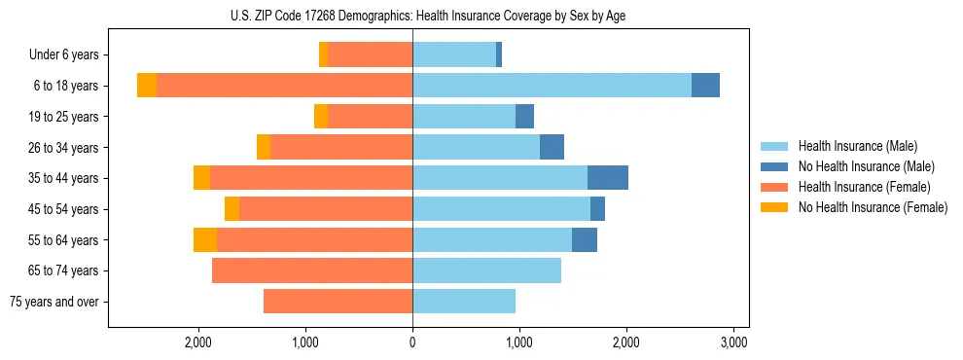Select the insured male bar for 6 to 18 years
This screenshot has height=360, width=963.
tap(552, 86)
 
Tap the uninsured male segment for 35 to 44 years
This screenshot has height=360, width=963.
tap(607, 178)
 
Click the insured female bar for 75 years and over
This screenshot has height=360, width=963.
tap(338, 302)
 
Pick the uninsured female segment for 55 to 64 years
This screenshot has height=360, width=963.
tap(205, 239)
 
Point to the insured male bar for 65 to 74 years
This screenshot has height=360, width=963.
tap(486, 270)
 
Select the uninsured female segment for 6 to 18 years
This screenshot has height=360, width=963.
tap(147, 86)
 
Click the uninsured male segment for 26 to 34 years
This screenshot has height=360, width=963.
tap(552, 147)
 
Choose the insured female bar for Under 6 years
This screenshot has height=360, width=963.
tap(370, 54)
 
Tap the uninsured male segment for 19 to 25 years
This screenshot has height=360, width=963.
tap(524, 117)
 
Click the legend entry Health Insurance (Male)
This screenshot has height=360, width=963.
tap(857, 146)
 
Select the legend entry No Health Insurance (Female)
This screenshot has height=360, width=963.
tap(873, 207)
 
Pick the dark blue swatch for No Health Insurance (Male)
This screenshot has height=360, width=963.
tap(774, 166)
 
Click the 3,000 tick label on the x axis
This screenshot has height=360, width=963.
tap(732, 342)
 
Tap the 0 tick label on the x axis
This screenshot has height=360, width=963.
tap(412, 342)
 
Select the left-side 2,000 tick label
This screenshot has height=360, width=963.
tap(198, 342)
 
